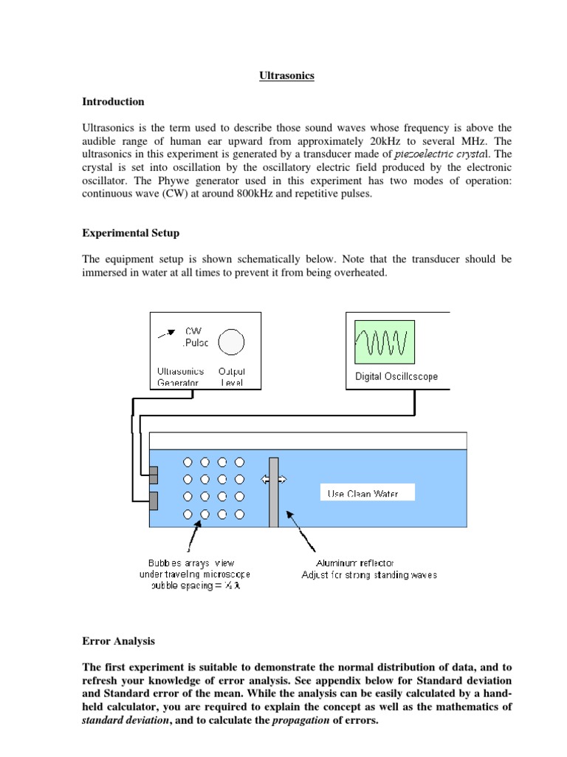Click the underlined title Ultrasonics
coord(287,76)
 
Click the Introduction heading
coord(113,102)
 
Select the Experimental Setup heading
coord(131,233)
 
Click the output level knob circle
coord(233,341)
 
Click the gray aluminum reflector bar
coord(274,492)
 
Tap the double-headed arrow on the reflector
coord(273,480)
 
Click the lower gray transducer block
coord(154,500)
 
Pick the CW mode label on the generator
coord(193,331)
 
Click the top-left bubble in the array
coord(188,462)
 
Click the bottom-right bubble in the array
coord(239,514)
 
